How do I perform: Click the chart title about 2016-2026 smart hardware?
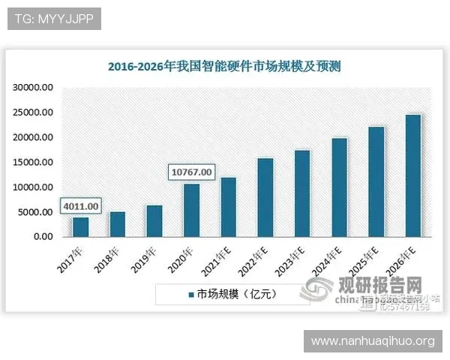tap(223, 66)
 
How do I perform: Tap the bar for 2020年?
tap(192, 210)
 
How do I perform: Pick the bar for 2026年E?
tap(412, 175)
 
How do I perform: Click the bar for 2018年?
tap(117, 223)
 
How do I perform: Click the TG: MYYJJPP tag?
tap(54, 19)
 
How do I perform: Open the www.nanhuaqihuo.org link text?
tap(372, 341)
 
